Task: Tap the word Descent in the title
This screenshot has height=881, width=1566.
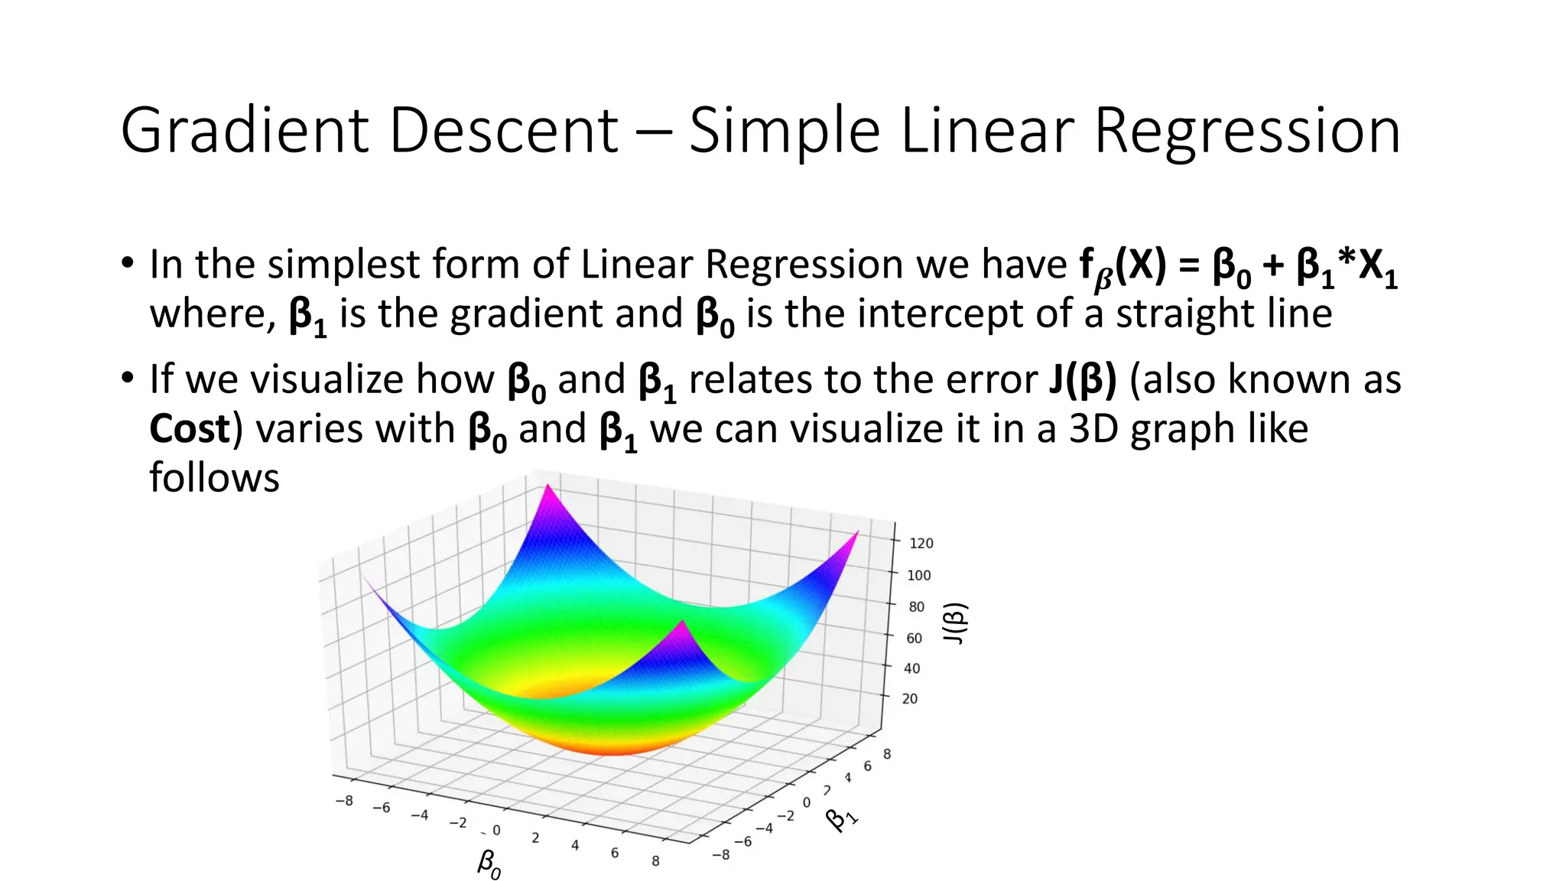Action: point(503,131)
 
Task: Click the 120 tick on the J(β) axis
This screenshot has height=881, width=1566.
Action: point(921,543)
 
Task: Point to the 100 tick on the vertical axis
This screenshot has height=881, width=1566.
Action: point(918,575)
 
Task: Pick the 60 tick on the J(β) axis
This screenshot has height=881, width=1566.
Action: point(914,638)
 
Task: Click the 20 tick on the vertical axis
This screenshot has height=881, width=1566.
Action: point(909,698)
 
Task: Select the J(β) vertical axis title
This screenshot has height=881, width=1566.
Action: point(956,623)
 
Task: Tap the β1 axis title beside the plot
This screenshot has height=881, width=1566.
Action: point(842,818)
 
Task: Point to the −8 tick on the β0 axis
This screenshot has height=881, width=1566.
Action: point(344,801)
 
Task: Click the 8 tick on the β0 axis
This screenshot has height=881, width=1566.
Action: point(655,860)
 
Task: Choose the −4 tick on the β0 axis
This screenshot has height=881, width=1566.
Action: point(419,815)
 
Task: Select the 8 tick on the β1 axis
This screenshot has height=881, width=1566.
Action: point(887,754)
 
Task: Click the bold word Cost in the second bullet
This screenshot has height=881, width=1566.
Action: point(190,428)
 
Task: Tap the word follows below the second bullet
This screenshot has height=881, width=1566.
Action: point(214,478)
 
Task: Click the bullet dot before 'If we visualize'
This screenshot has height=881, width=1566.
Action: point(128,378)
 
